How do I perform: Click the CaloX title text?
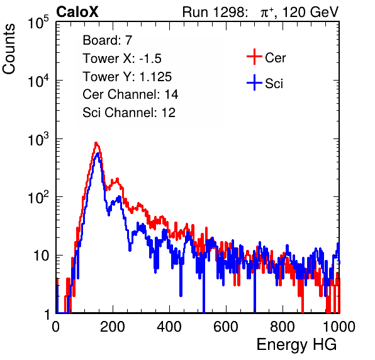[77, 12]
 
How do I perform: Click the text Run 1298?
[213, 12]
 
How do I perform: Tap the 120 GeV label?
[311, 12]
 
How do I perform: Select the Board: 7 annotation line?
[108, 40]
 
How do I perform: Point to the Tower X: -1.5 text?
[122, 58]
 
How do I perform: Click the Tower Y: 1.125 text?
[127, 77]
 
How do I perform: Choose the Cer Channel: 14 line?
[130, 94]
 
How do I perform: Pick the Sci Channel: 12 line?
[129, 112]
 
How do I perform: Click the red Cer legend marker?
[254, 57]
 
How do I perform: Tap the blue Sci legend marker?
[254, 83]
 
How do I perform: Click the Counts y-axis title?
[9, 49]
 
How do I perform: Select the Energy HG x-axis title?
[296, 345]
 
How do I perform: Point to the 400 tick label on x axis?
[169, 327]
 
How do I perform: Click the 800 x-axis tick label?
[283, 327]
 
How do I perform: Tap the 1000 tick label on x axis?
[339, 327]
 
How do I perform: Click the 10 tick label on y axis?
[42, 256]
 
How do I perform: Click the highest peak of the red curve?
[96, 143]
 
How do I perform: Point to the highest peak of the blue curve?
[98, 154]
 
